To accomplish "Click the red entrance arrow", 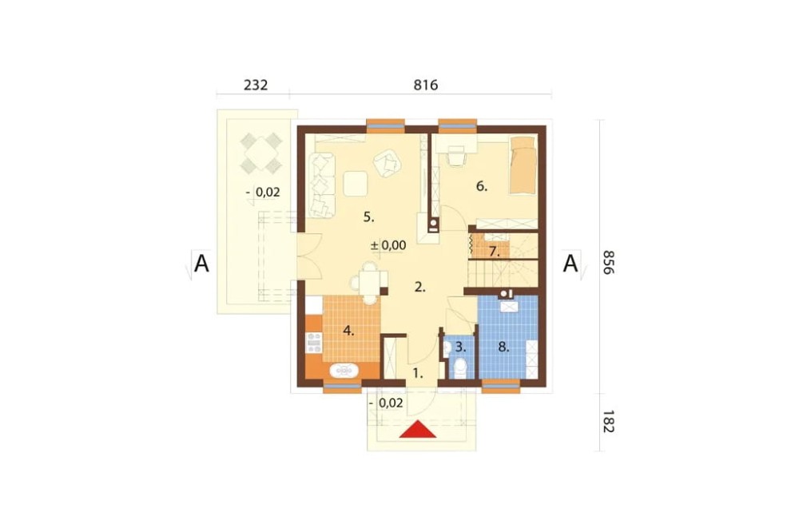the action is (x=418, y=430).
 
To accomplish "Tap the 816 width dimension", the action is (x=426, y=85).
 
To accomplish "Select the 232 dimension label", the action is (x=256, y=85).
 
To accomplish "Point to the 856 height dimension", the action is (x=608, y=262).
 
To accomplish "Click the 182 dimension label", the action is (x=608, y=422).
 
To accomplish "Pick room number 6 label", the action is (x=482, y=186).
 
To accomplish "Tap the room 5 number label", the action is (x=369, y=217).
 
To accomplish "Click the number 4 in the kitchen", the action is (x=348, y=331).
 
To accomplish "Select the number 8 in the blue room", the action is (x=503, y=347).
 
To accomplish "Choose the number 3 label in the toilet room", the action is (x=460, y=347).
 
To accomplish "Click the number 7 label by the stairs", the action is (x=494, y=251).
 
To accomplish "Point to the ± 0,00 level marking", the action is (x=388, y=245).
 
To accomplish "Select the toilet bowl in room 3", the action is (x=459, y=368).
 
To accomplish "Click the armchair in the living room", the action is (x=388, y=163).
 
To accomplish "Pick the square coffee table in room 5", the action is (x=356, y=184).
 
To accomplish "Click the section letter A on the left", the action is (x=202, y=264).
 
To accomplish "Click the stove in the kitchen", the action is (x=313, y=342).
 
